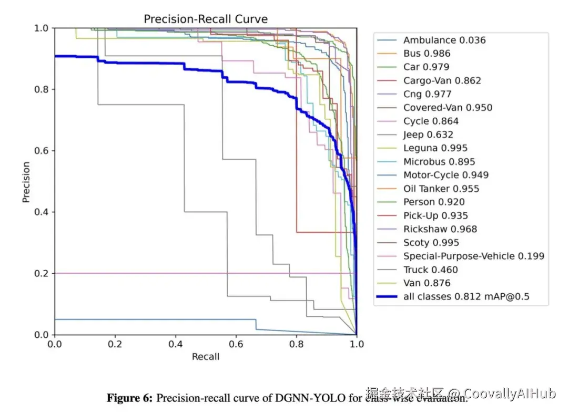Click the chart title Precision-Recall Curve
coord(206,19)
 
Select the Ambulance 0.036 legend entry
coord(444,40)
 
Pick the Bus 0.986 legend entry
coord(427,54)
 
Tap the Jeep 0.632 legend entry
coord(428,135)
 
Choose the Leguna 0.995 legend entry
coord(435,148)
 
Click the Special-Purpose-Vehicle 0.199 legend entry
coord(473,256)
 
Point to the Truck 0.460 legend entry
coord(430,270)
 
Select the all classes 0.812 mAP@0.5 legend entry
coord(466,297)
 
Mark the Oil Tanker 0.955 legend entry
coord(441,189)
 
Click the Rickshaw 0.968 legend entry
coord(440,229)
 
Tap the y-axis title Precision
coord(26,182)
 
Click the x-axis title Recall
coord(205,357)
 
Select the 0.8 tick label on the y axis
coord(41,89)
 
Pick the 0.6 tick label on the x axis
coord(236,344)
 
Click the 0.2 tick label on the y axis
coord(41,273)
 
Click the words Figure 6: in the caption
coord(129,398)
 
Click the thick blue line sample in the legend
coord(387,297)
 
